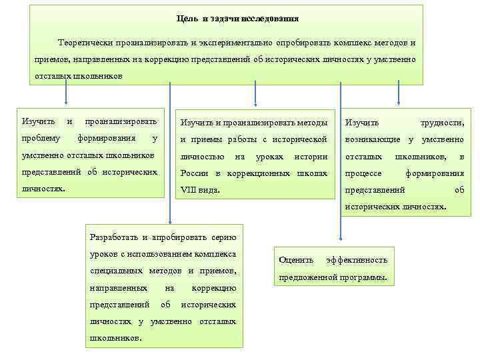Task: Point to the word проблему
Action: [41, 139]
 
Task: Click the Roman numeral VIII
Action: [191, 190]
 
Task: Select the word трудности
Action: [441, 123]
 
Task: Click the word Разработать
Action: [111, 238]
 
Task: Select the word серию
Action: [223, 238]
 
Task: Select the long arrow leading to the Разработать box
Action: [169, 153]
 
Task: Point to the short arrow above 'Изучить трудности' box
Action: [398, 93]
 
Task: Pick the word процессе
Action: [363, 173]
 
